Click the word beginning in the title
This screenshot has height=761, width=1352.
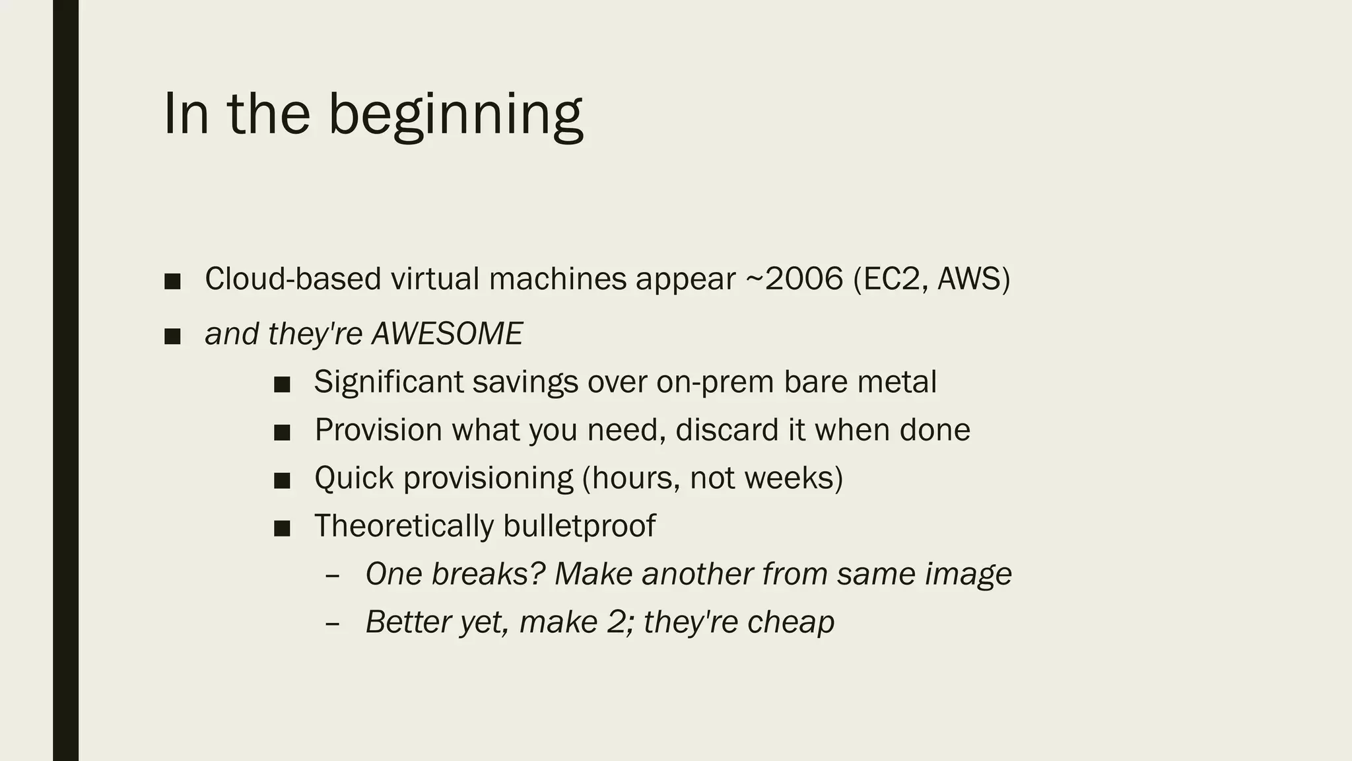tap(455, 115)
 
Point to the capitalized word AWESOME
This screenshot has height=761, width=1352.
tap(447, 334)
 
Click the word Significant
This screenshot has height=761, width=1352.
tap(388, 382)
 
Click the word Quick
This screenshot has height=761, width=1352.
tap(354, 478)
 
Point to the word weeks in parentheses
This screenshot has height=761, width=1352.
tap(801, 478)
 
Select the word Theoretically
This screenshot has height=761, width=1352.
tap(403, 526)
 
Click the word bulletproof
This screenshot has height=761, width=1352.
tap(579, 526)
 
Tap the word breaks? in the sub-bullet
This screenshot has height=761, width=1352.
tap(488, 574)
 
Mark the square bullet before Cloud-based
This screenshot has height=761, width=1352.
tap(172, 281)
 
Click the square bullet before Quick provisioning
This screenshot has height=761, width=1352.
tap(282, 480)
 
